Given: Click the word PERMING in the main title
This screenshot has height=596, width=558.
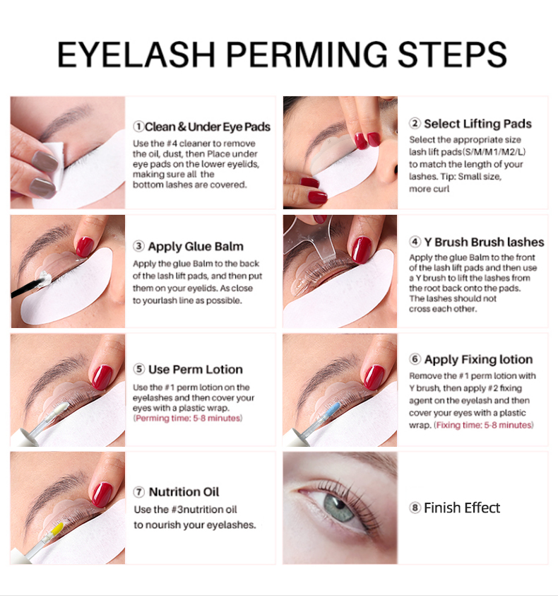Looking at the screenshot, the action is coord(307,55).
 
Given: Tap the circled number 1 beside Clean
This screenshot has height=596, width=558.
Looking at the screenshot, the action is coord(138,127).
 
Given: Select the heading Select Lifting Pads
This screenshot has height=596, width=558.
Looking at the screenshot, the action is coord(477,124).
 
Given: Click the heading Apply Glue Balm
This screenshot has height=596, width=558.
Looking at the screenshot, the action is coord(196,246).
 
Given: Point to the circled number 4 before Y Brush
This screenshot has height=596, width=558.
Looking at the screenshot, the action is coord(415,242).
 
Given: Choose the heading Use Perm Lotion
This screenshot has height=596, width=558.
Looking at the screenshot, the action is coord(195,370).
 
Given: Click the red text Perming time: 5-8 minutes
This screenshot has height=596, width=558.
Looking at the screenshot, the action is coord(188,419).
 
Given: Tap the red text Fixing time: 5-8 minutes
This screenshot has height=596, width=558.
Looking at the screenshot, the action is coord(484,425).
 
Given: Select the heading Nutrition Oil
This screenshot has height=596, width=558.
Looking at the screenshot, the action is coord(184,492).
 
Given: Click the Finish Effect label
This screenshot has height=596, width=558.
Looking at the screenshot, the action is coord(462,508).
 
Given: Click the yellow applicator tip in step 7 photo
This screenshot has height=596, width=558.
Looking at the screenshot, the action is coord(57,528).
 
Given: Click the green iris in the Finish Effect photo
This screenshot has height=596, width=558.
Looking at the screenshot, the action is coord(338,508).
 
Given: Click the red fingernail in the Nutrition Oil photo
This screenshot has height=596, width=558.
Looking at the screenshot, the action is coord(102,494).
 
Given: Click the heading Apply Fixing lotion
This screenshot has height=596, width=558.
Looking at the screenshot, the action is coord(478,360).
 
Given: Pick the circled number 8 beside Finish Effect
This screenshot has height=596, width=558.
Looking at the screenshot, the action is coord(415,508).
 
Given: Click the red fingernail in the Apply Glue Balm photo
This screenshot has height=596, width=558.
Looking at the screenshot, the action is coord(85,247).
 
